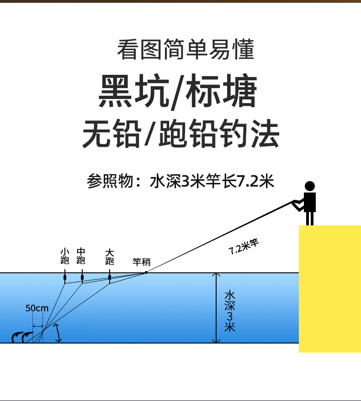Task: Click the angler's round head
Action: pyautogui.click(x=310, y=186)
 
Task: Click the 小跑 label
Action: pyautogui.click(x=65, y=256)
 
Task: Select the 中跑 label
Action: pyautogui.click(x=81, y=256)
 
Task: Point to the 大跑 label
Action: pyautogui.click(x=109, y=256)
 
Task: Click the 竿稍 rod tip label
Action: pyautogui.click(x=141, y=262)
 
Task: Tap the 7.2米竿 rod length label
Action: pyautogui.click(x=244, y=246)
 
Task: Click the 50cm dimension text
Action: pyautogui.click(x=37, y=308)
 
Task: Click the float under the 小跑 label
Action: pyautogui.click(x=65, y=277)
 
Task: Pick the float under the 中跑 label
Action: pyautogui.click(x=82, y=277)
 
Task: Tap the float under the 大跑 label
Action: pyautogui.click(x=110, y=277)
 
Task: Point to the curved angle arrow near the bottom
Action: pyautogui.click(x=58, y=333)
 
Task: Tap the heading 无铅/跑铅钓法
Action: pyautogui.click(x=180, y=133)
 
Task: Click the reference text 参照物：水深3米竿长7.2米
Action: pyautogui.click(x=180, y=181)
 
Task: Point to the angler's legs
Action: pyautogui.click(x=310, y=218)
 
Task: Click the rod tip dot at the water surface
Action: pyautogui.click(x=146, y=272)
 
